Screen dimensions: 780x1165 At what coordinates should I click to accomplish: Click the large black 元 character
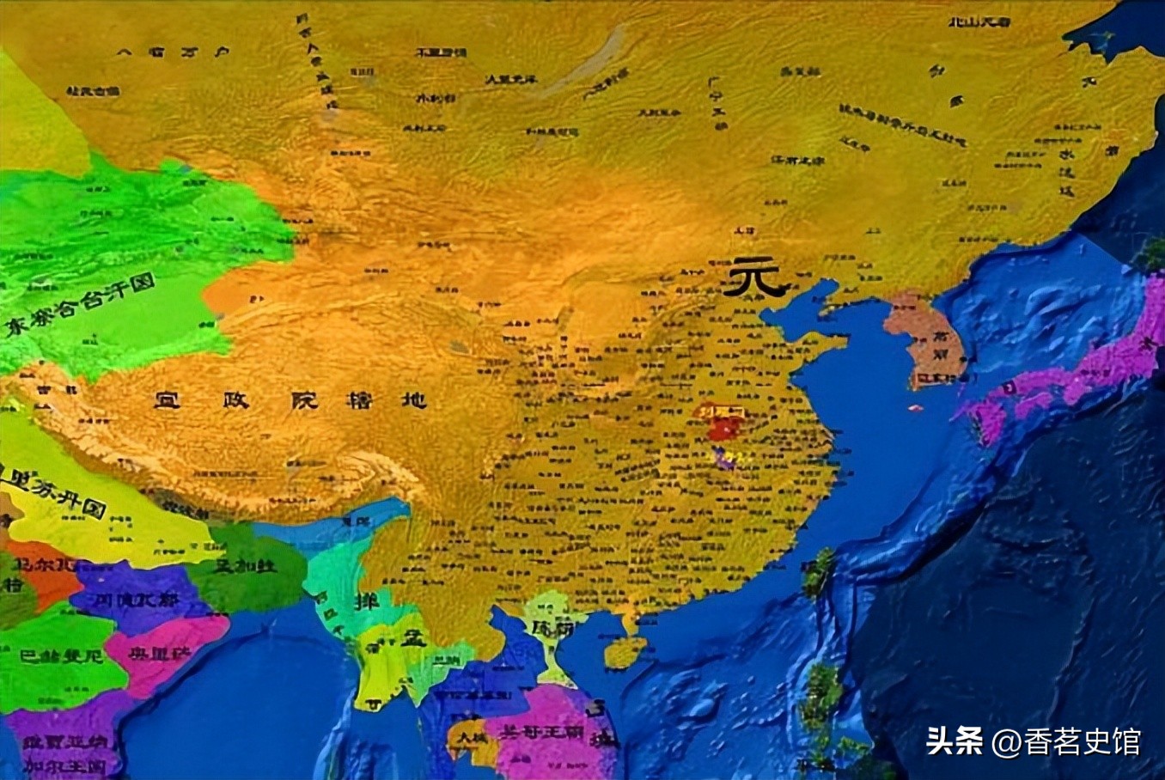753,278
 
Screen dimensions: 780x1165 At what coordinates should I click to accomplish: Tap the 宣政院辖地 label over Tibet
290,400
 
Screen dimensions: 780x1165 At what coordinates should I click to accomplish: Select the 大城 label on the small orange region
471,737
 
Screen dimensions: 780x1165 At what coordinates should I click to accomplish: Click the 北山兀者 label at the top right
979,21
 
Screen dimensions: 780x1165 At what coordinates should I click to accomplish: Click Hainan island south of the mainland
625,653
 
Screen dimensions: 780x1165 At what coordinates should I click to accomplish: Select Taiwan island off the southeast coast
818,574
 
